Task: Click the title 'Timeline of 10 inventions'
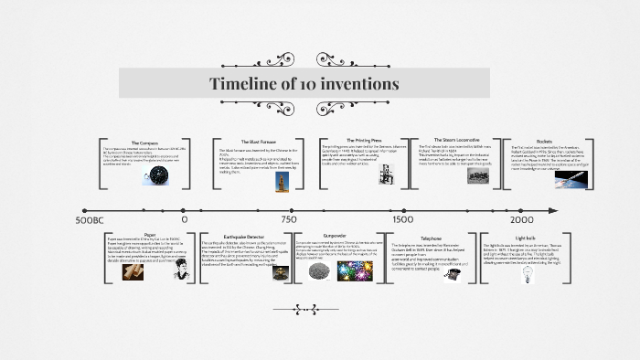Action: point(304,84)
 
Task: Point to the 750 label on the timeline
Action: point(289,220)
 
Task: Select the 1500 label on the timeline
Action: point(402,220)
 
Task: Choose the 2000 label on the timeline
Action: point(522,220)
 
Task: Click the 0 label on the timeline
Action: point(184,220)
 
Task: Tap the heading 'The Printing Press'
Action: point(363,140)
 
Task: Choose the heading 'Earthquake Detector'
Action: point(243,235)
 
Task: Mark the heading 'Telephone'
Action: point(431,238)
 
